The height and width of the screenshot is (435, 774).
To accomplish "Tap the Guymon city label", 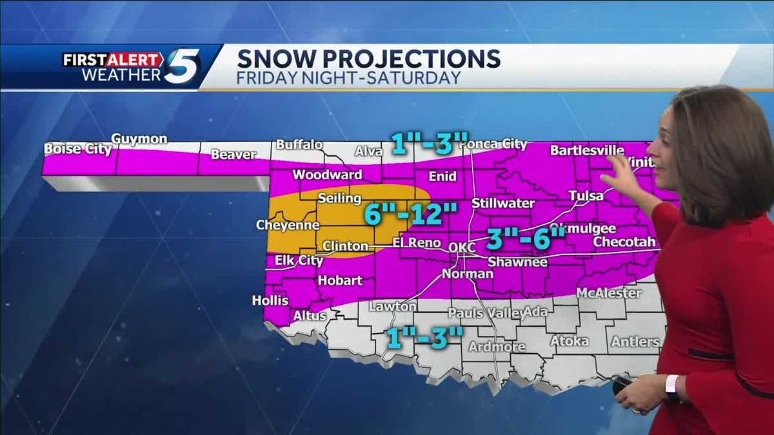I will [x=139, y=139].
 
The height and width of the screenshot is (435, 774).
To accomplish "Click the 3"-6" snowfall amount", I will [x=525, y=238].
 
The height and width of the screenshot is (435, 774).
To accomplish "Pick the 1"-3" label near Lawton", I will [x=423, y=337].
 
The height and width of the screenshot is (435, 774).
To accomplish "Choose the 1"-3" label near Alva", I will [x=429, y=144].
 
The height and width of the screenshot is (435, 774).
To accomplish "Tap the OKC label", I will [x=461, y=247].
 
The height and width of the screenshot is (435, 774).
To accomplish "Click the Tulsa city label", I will [x=586, y=195].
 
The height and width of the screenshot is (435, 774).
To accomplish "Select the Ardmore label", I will [x=497, y=347].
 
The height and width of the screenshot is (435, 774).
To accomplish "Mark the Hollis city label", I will [x=270, y=301].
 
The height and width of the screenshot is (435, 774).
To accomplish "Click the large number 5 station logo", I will [x=182, y=66].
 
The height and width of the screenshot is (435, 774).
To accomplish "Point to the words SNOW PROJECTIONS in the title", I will [x=368, y=59].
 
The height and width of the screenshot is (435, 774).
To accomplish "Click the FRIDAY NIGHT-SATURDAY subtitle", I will [x=348, y=78].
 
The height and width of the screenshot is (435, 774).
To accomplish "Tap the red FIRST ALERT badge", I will [x=113, y=59].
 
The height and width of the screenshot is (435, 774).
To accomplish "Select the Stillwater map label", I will [x=503, y=203].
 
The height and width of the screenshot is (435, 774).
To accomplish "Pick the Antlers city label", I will [x=635, y=342].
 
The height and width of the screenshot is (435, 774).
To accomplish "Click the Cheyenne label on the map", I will [x=288, y=225].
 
